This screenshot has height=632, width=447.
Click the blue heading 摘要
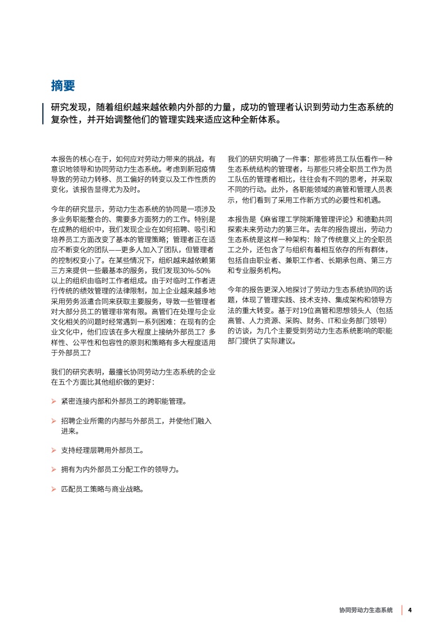click(63, 86)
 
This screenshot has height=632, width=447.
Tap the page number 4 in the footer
click(410, 610)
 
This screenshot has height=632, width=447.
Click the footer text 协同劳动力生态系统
click(365, 610)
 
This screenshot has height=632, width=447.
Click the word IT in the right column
click(340, 321)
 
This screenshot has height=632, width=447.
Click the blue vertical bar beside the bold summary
click(44, 113)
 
